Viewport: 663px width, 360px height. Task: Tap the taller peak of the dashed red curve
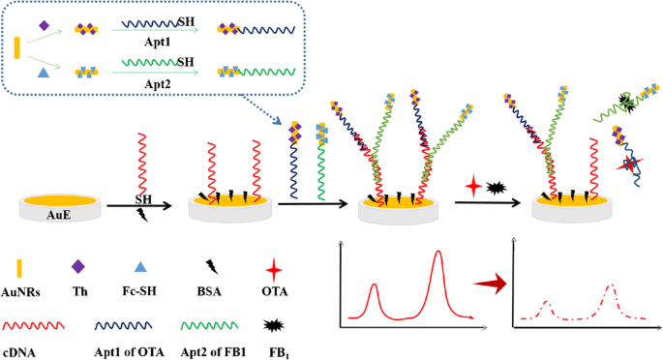point(612,286)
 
